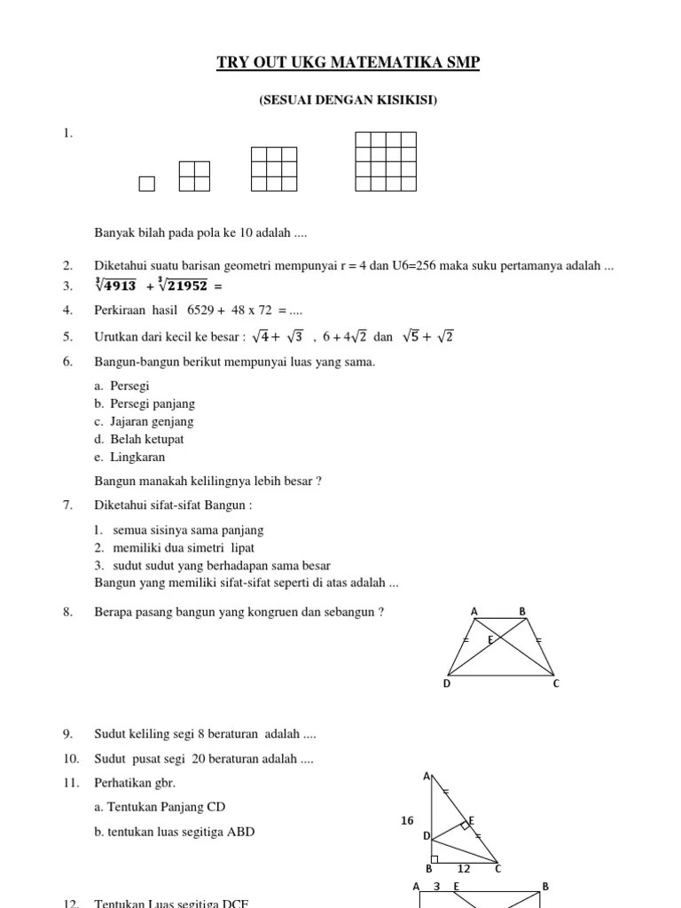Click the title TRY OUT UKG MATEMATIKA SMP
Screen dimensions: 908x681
[348, 63]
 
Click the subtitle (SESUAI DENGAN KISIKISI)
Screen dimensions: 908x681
[348, 100]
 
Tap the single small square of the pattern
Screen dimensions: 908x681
[147, 184]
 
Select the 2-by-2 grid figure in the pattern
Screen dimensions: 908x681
[194, 176]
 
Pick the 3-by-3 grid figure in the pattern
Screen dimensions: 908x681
[274, 168]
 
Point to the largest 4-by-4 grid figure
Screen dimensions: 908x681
[386, 161]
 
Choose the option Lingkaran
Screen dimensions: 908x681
[137, 457]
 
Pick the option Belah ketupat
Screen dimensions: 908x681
[147, 439]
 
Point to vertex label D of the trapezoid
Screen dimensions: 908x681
[447, 683]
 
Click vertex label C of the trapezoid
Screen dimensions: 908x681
[556, 683]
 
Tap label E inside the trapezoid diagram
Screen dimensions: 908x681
[489, 638]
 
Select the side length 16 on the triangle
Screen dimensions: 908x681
[407, 821]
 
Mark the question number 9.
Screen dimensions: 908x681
[67, 733]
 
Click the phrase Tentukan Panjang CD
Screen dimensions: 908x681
[159, 806]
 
